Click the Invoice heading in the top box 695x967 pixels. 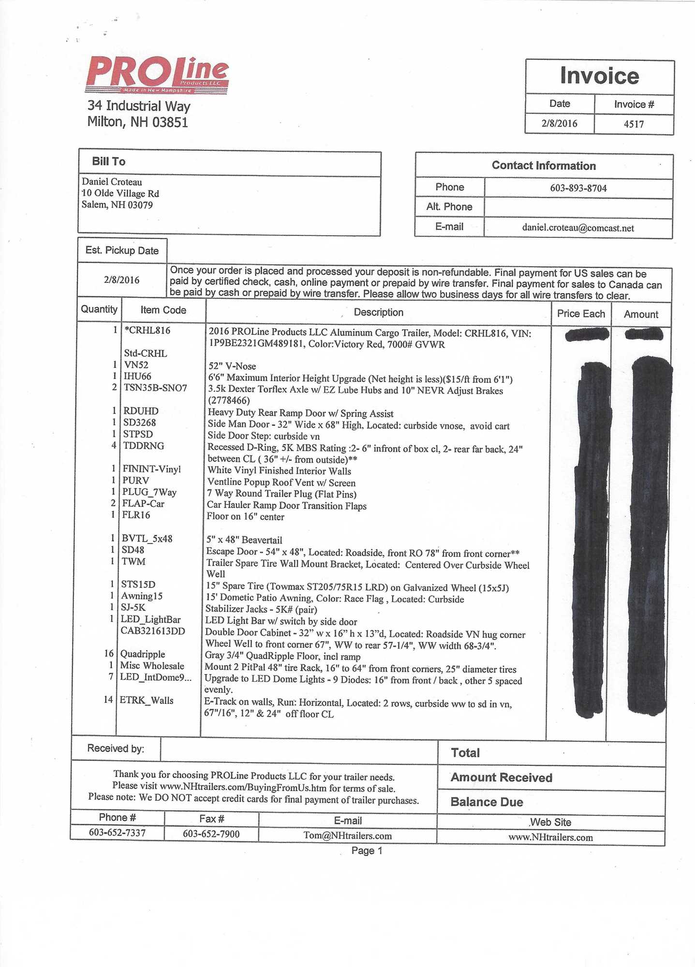(599, 76)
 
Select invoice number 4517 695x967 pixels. (634, 124)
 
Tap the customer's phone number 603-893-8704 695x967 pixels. (578, 188)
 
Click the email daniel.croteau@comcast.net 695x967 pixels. (578, 228)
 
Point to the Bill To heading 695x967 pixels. (109, 161)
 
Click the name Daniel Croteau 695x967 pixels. (112, 182)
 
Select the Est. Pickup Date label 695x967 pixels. (122, 250)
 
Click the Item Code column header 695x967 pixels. (163, 310)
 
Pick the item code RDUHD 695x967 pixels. (141, 411)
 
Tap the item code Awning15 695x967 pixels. (142, 596)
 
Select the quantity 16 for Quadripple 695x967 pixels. (109, 654)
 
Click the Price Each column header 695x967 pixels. (581, 314)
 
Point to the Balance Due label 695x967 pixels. (487, 802)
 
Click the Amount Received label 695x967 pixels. (501, 777)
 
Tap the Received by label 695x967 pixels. (116, 748)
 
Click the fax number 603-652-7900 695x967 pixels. (211, 834)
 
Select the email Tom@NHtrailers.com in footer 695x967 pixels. (347, 835)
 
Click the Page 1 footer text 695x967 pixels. (367, 850)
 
